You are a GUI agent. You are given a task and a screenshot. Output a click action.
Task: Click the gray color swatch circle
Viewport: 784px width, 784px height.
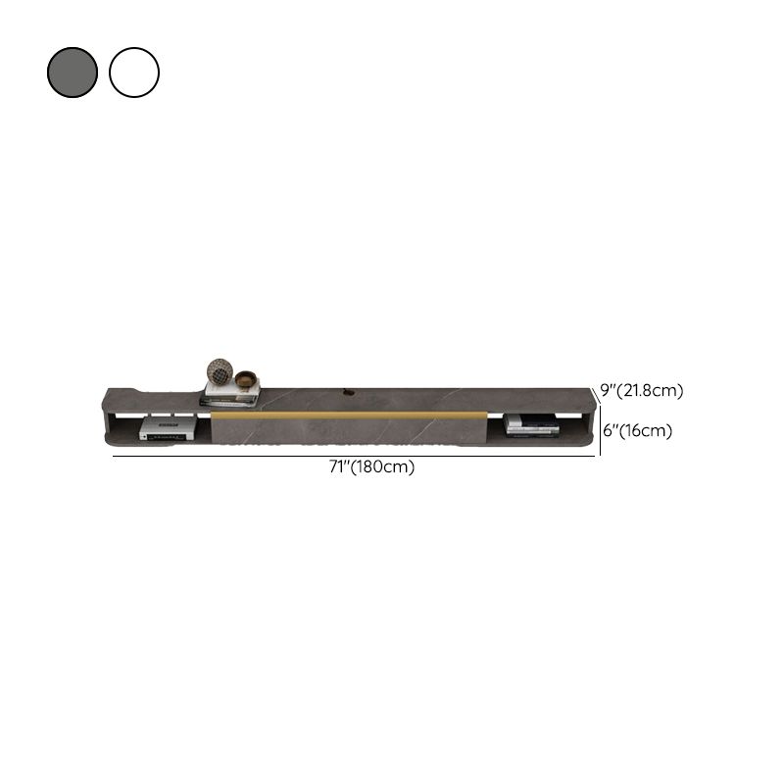click(73, 73)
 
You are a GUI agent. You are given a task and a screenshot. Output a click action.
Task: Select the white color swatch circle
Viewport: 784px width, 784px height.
click(134, 73)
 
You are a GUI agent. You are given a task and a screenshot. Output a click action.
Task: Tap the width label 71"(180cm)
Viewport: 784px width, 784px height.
click(371, 467)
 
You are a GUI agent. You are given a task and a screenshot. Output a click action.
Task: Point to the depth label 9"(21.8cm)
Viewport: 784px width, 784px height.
click(642, 390)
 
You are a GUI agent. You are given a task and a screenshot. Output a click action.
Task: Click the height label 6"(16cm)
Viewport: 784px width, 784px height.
click(638, 430)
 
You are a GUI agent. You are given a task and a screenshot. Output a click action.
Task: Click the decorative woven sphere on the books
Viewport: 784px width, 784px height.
click(220, 371)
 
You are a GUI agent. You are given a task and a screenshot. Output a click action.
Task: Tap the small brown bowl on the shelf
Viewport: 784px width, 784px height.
click(246, 379)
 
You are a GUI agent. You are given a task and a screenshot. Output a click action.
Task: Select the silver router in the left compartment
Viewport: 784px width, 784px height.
click(167, 429)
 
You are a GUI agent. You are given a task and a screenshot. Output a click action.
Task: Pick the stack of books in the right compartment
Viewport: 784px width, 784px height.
click(531, 425)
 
